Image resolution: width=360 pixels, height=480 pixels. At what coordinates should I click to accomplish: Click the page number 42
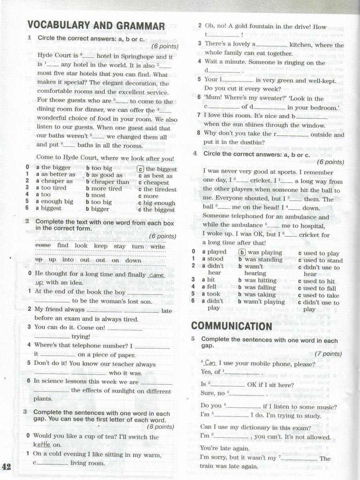(7, 467)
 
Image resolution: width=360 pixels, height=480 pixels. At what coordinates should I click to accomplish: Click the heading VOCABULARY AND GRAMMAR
(96, 25)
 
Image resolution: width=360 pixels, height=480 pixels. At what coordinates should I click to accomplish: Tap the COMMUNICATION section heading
(232, 326)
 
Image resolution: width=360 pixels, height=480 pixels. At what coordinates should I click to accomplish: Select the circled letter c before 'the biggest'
(140, 169)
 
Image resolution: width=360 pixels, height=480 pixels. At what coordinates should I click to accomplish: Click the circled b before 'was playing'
(242, 252)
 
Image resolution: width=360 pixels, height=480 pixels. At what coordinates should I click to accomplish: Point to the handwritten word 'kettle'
(42, 444)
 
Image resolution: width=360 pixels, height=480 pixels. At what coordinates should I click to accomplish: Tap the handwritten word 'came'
(156, 276)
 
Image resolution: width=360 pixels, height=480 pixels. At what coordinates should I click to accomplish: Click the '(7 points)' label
(328, 354)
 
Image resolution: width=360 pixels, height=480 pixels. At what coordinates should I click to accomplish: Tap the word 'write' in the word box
(158, 246)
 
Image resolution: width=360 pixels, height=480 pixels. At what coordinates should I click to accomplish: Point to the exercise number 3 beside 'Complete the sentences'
(25, 412)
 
